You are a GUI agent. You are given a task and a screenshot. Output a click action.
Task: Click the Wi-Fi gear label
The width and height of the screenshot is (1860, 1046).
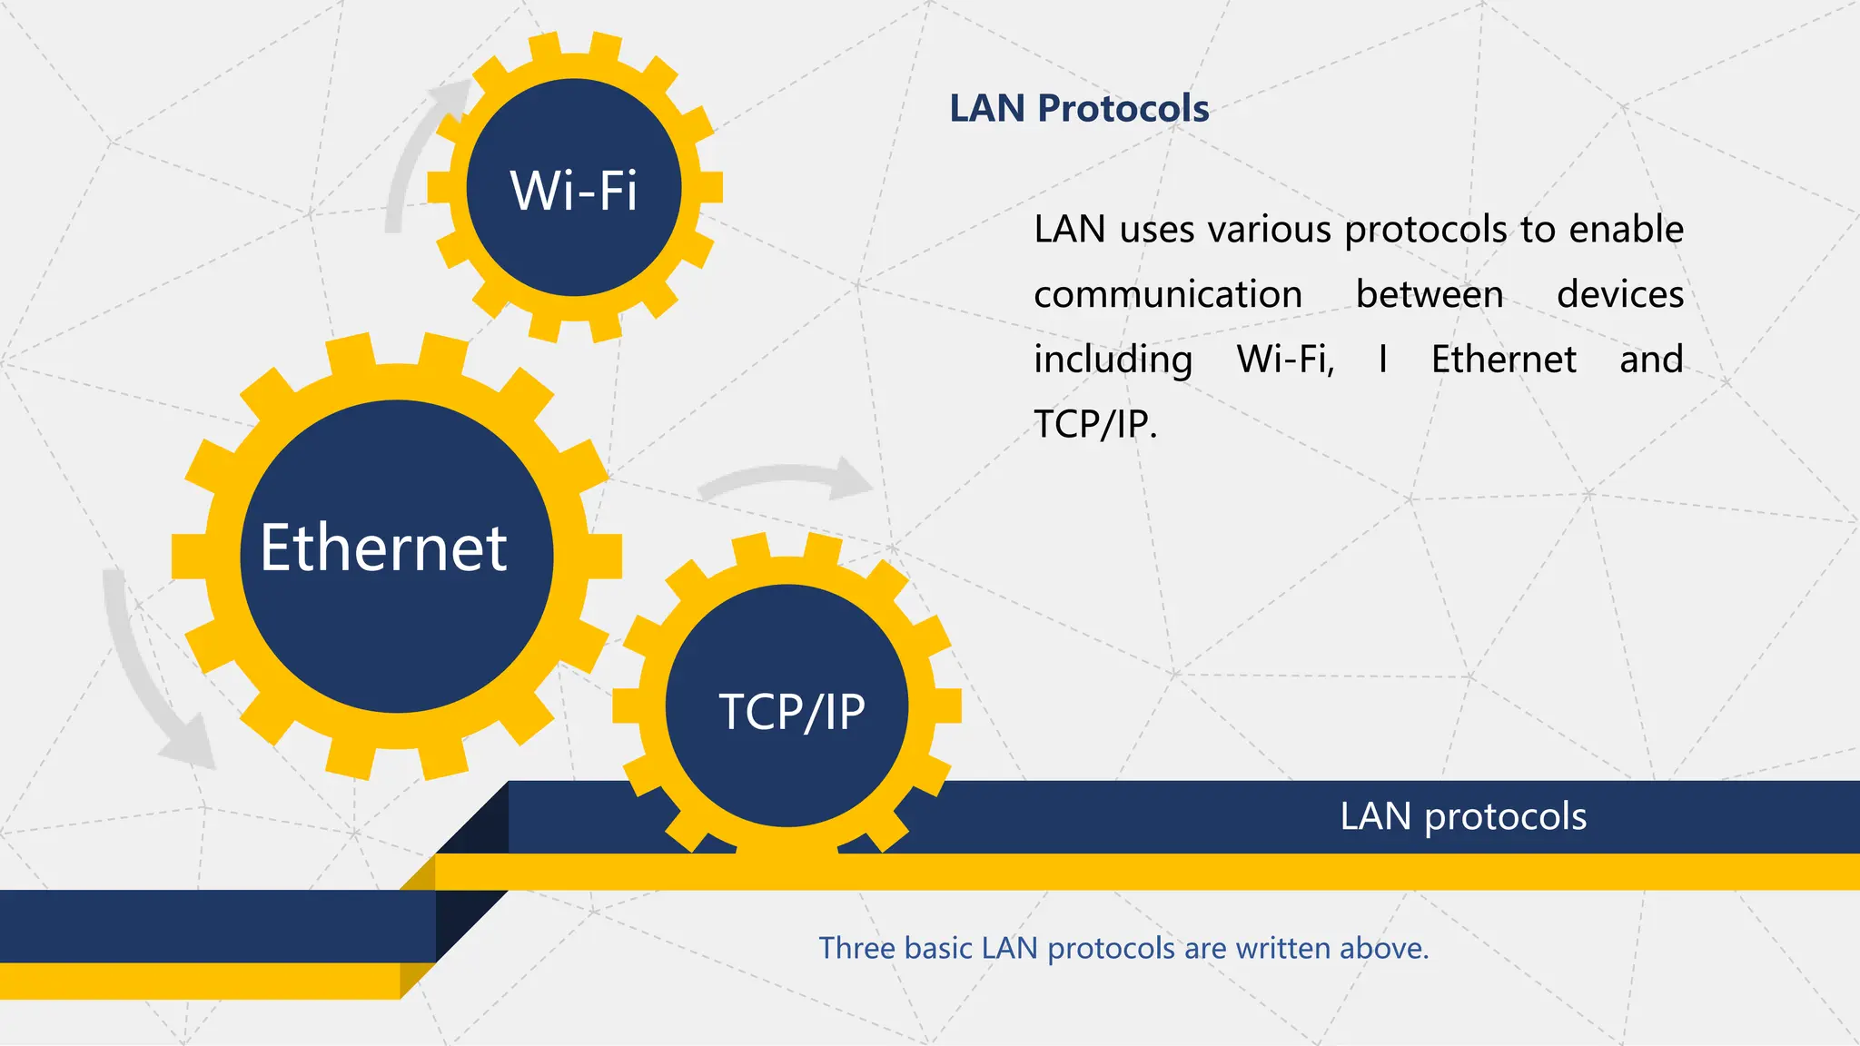pos(574,191)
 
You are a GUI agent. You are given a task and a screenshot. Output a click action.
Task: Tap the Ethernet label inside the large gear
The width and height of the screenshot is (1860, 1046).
pos(383,548)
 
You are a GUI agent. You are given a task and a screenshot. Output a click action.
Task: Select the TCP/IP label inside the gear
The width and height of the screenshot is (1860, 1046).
pos(792,711)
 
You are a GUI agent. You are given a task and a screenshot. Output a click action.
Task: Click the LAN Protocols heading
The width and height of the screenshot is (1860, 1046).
pos(1079,109)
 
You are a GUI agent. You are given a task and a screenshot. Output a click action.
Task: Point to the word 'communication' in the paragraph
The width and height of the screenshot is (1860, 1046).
pos(1168,295)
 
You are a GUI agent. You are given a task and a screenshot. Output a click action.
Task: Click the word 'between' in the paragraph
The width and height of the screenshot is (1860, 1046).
pos(1430,295)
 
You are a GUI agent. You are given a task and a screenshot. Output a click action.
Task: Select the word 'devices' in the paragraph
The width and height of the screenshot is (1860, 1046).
pos(1620,295)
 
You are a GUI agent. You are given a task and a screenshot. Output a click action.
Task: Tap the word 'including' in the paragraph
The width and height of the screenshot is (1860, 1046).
pos(1113,360)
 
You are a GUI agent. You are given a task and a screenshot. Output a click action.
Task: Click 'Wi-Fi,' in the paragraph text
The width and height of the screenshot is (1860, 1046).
pos(1286,360)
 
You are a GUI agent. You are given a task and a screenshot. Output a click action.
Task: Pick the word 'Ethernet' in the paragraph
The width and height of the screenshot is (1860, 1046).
pos(1503,360)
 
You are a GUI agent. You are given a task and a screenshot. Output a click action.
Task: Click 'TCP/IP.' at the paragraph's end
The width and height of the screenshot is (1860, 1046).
pos(1095,424)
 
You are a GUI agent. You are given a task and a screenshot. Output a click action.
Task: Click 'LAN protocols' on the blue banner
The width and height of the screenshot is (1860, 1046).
pos(1463,816)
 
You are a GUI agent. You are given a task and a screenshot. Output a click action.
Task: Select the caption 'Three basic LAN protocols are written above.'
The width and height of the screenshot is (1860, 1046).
pos(1123,948)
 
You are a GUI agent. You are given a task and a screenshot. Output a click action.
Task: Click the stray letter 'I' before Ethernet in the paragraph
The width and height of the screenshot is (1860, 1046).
pos(1382,360)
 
